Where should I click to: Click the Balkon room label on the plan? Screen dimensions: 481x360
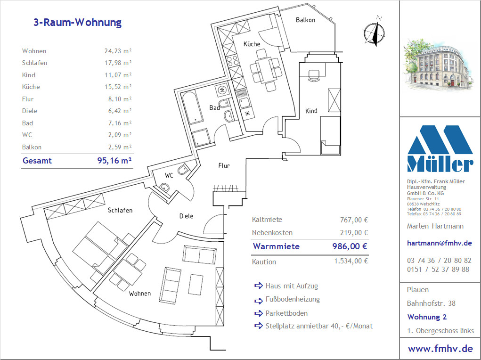[x=305, y=20]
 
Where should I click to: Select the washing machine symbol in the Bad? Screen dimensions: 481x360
[x=222, y=90]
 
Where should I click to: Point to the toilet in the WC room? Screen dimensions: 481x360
[x=183, y=169]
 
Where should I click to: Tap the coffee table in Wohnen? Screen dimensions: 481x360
[x=196, y=285]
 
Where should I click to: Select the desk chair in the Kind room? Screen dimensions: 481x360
[x=313, y=75]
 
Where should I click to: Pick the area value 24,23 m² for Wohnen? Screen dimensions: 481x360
[x=118, y=51]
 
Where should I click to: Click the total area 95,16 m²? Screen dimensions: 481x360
[x=114, y=161]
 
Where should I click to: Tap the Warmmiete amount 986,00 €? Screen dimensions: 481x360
[x=350, y=246]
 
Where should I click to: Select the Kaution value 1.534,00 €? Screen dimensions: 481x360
[x=351, y=261]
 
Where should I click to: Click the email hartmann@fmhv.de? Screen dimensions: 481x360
[x=439, y=243]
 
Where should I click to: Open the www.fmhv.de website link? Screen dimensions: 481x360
[x=440, y=349]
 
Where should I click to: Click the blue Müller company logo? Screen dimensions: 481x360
[x=440, y=148]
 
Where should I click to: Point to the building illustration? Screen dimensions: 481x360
[x=437, y=65]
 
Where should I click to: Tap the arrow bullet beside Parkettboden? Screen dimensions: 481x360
[x=259, y=313]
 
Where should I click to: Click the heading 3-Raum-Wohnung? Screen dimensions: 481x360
[x=77, y=23]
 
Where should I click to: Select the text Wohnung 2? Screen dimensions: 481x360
[x=427, y=317]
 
